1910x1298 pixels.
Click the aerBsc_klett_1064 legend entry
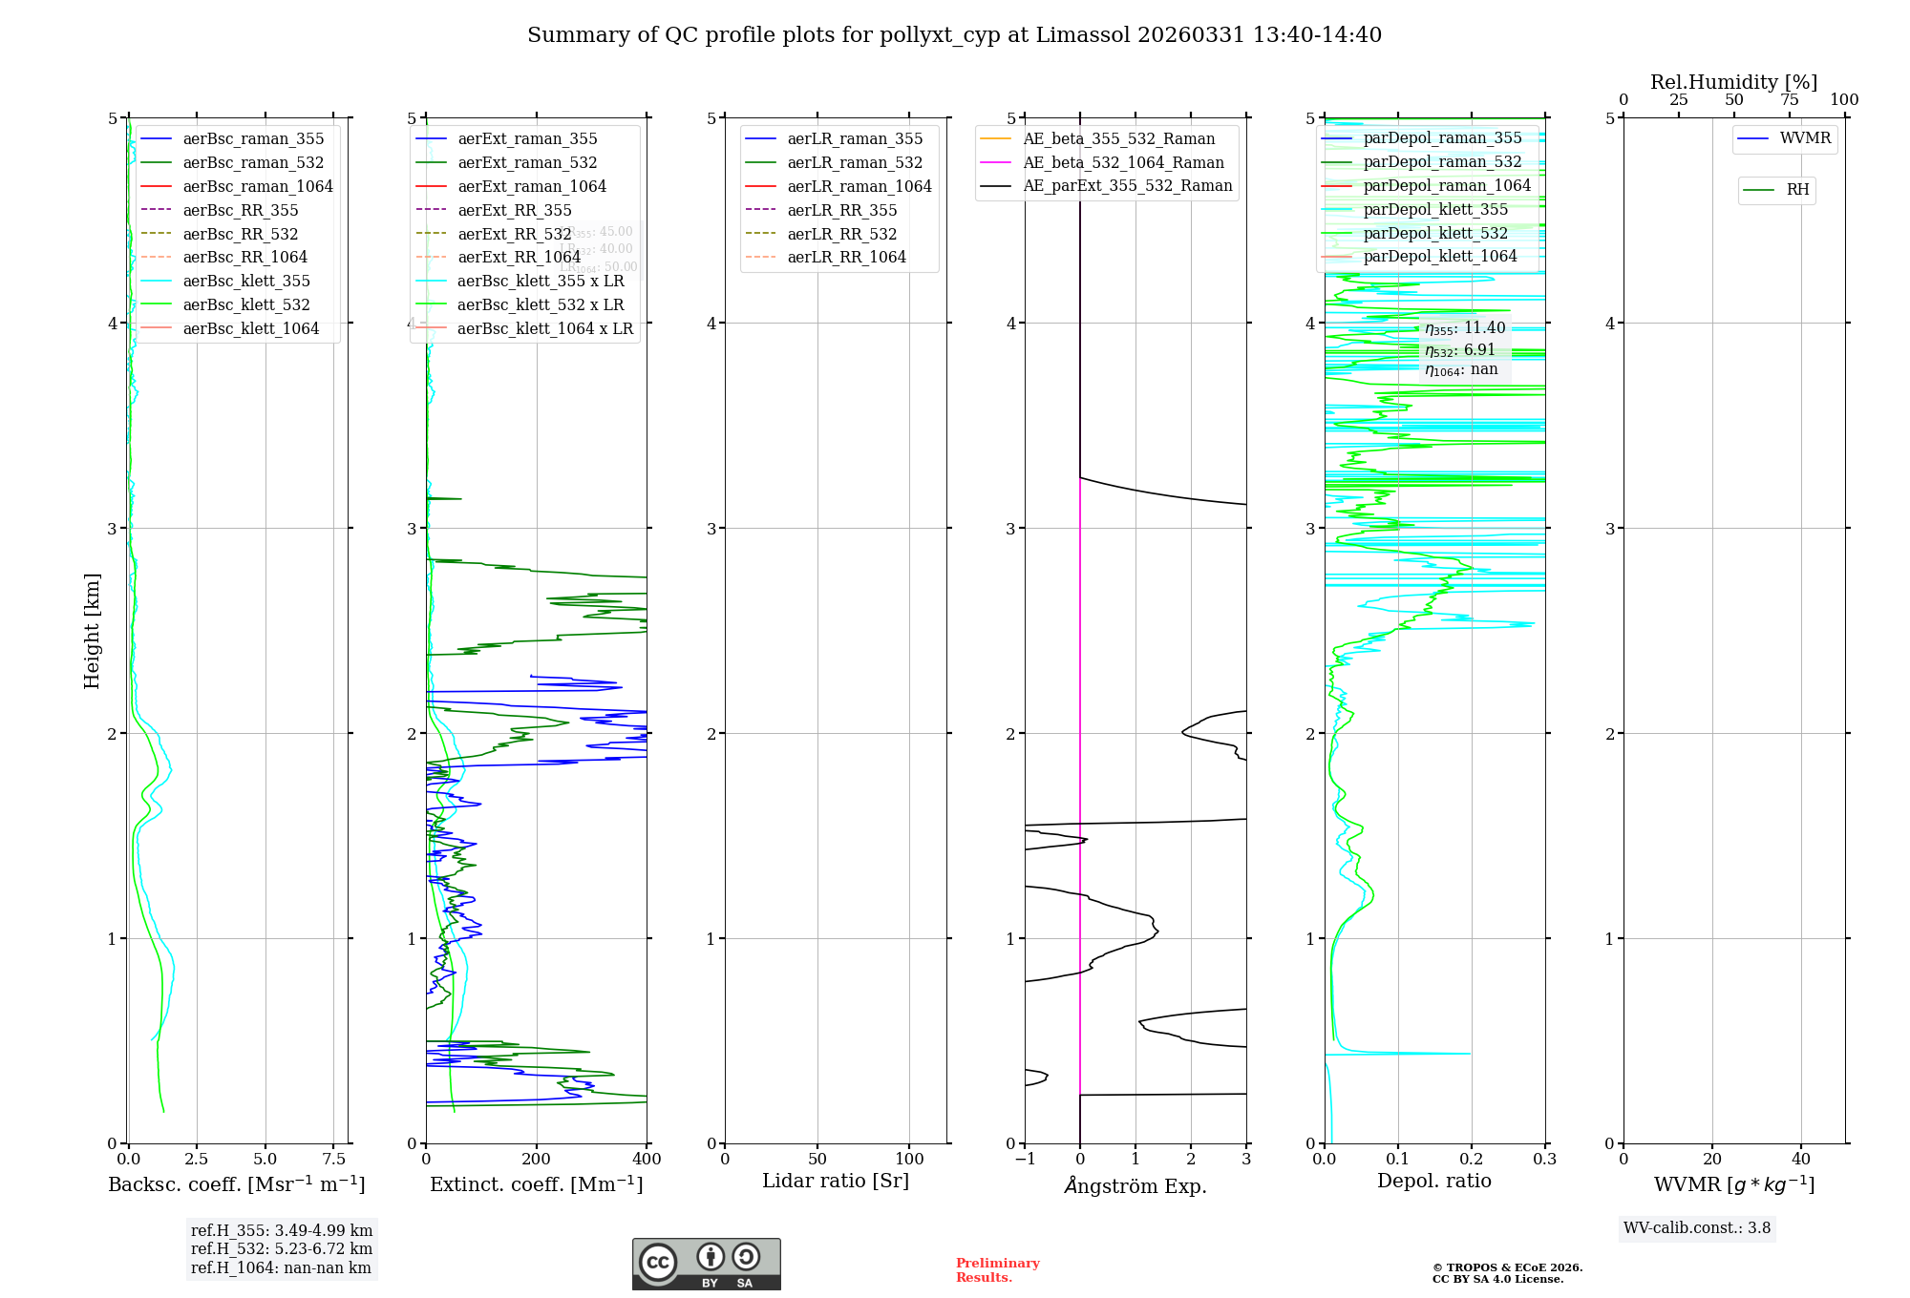[x=250, y=329]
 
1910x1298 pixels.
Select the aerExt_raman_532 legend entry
[x=526, y=163]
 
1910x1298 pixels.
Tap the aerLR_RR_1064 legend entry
[x=846, y=258]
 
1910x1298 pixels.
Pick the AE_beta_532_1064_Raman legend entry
[x=1123, y=163]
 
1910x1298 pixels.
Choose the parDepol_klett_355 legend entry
[x=1435, y=210]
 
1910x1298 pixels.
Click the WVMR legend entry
[x=1805, y=139]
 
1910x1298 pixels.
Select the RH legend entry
[x=1797, y=190]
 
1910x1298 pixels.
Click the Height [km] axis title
[x=92, y=631]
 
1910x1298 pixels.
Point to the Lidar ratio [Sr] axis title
[x=836, y=1182]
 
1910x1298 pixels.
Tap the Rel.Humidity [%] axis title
[x=1733, y=82]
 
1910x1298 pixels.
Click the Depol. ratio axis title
[x=1433, y=1182]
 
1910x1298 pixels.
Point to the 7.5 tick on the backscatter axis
[x=333, y=1160]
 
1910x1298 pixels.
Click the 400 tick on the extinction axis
[x=647, y=1160]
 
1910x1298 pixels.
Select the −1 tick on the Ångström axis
[x=1025, y=1160]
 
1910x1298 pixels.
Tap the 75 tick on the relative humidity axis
[x=1789, y=100]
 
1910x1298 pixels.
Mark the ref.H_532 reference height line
[x=281, y=1249]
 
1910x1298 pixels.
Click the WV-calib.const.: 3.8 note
[x=1697, y=1228]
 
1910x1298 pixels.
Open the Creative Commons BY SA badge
[x=706, y=1264]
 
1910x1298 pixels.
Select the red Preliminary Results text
[x=997, y=1270]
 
